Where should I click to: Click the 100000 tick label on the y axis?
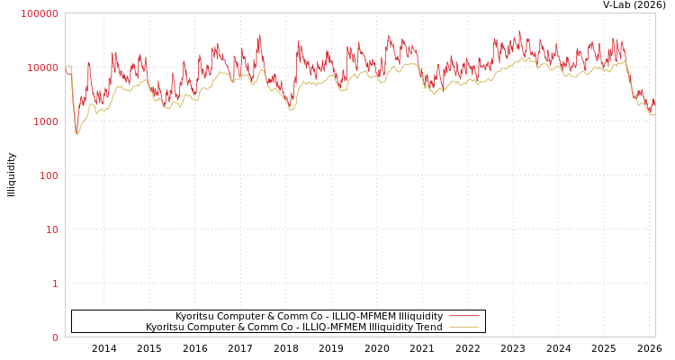click(40, 13)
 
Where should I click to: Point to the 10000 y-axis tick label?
click(43, 67)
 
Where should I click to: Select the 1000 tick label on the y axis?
click(46, 121)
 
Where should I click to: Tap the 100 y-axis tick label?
click(49, 175)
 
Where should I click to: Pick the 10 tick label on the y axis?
click(52, 229)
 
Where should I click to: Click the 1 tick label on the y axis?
click(55, 283)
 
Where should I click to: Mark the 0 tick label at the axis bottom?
click(55, 337)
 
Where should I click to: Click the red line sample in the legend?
click(463, 316)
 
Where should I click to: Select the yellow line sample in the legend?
click(463, 327)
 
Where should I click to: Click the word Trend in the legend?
click(428, 327)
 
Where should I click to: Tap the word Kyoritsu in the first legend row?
click(195, 316)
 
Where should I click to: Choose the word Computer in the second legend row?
click(214, 327)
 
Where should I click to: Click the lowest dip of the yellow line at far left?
click(76, 134)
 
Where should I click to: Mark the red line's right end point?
click(654, 104)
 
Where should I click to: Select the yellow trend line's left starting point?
click(66, 67)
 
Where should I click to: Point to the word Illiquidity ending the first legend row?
click(420, 316)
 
